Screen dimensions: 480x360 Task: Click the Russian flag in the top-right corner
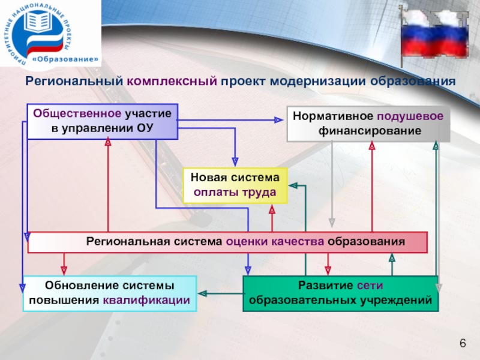pos(434,35)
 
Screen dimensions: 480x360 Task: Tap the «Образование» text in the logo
pos(66,59)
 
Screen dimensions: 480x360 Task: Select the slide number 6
pos(463,343)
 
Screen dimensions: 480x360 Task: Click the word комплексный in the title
pos(172,81)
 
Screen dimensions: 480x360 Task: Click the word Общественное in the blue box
pos(77,113)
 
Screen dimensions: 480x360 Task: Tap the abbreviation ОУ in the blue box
pos(145,128)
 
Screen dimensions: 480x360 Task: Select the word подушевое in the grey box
pos(410,116)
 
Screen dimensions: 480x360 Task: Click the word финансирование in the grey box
pos(370,131)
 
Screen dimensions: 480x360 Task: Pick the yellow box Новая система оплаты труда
pos(235,185)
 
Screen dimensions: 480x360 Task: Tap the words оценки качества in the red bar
pos(275,242)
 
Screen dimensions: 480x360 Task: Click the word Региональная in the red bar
pos(128,241)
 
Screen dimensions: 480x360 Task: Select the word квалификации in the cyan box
pos(146,301)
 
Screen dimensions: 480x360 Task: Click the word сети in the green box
pos(370,286)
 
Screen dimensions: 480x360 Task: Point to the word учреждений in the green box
pos(396,301)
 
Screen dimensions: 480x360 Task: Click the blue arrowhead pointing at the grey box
pos(278,120)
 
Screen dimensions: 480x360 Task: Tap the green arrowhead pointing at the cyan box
pos(202,293)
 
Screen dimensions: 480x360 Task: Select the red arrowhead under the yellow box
pos(272,209)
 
